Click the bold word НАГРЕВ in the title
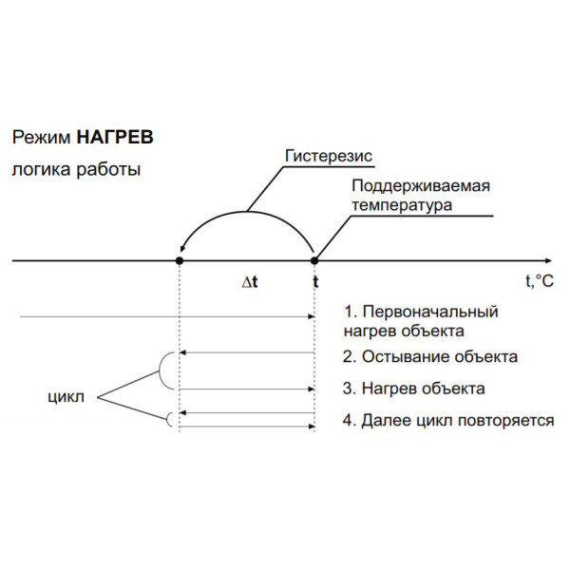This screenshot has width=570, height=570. coord(114,137)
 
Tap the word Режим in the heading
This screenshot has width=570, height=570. coord(41,137)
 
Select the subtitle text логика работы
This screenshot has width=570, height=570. coord(76,171)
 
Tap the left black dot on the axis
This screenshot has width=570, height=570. coord(180,260)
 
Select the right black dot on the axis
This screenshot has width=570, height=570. coord(315,260)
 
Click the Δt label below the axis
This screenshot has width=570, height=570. coord(250,282)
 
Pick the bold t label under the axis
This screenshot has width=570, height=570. coord(315,282)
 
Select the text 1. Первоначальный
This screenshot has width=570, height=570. coord(421,313)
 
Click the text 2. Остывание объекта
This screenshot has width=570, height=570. coord(429,357)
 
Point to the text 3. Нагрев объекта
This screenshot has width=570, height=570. coord(413,389)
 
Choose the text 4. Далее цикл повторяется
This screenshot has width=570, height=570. coord(447,420)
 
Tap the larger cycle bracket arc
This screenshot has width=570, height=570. coord(164,370)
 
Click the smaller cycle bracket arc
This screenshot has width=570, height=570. coord(171,419)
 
